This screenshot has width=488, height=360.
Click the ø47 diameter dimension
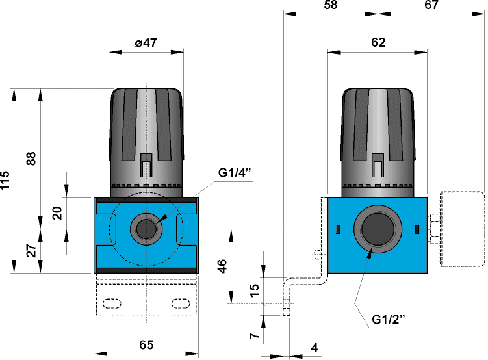point(146,43)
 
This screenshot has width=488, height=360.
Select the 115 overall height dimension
point(6,180)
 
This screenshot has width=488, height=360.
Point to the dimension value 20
point(58,213)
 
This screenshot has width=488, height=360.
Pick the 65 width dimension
point(146,345)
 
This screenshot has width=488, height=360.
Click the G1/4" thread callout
point(235,173)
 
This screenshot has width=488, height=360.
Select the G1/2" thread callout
point(389,320)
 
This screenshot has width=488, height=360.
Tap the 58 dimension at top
point(330,6)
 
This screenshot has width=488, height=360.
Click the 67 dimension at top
point(431,6)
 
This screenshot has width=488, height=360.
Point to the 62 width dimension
point(378,43)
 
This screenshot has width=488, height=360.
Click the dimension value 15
point(255,286)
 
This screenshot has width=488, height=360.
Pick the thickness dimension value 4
point(314,348)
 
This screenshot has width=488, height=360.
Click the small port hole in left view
point(146,229)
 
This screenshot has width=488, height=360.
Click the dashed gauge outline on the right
point(463,229)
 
